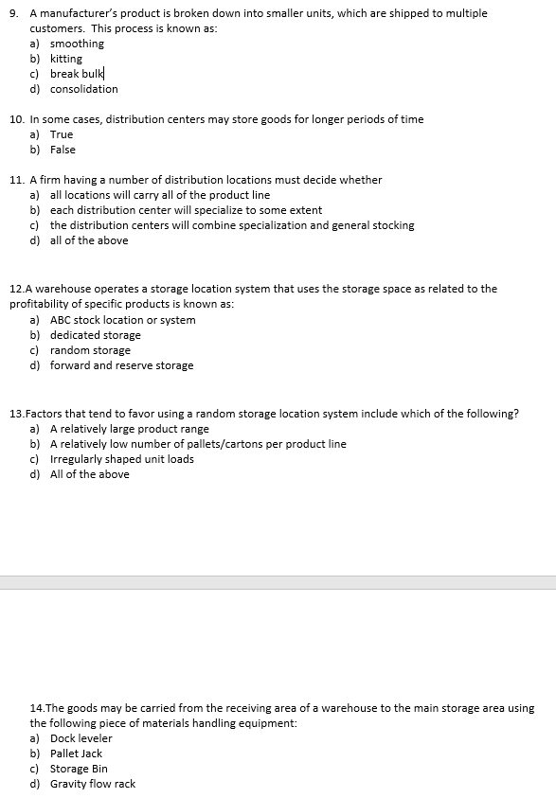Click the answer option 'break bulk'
78,74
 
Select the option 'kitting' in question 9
66,59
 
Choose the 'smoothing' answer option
77,44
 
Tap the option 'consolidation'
84,89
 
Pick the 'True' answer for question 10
62,134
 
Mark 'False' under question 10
63,150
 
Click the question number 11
16,180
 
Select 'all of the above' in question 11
89,240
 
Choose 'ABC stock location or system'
123,320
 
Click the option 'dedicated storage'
96,335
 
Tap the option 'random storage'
91,350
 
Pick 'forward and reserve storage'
122,365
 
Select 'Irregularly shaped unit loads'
122,459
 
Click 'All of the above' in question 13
90,474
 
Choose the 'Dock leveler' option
81,738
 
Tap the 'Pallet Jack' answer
77,754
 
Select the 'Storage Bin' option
80,769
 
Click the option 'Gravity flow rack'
93,784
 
